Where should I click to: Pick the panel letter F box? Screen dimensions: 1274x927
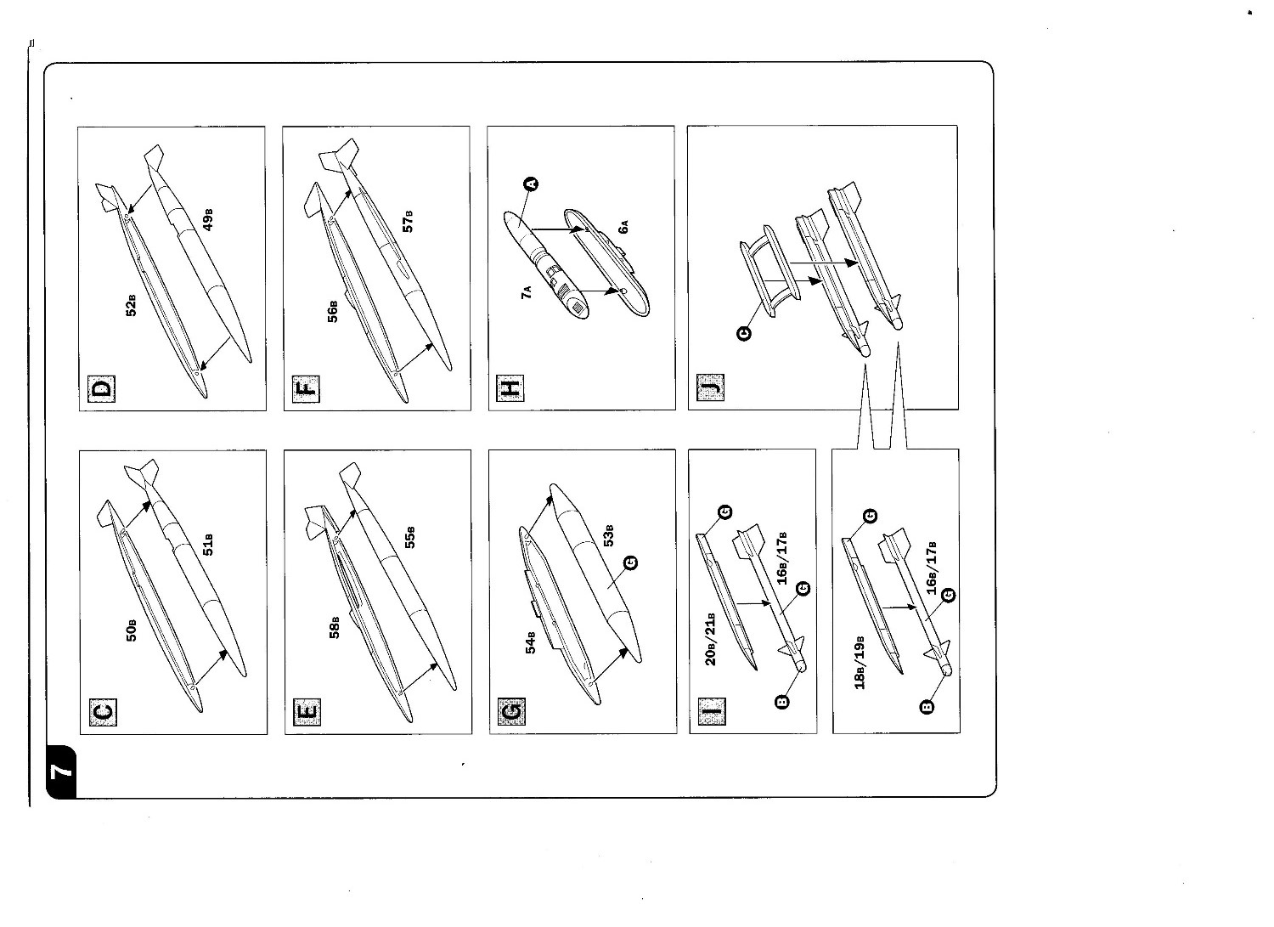tap(306, 390)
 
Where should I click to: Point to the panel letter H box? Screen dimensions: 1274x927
tap(510, 390)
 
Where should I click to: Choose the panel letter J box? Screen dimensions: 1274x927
tap(711, 390)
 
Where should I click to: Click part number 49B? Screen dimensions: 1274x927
tap(207, 219)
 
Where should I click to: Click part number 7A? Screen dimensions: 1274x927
tap(527, 294)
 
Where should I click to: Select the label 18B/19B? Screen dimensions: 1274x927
tap(860, 661)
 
